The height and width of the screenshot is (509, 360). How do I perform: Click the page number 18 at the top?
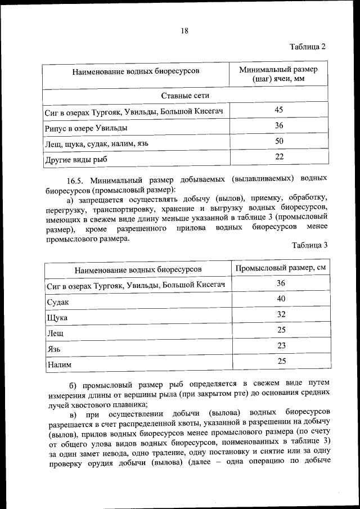point(184,31)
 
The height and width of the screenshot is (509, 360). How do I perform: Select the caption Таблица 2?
point(308,46)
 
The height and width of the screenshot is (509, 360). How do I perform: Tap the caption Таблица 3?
point(309,245)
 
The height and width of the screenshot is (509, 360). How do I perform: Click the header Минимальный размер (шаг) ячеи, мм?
point(278,74)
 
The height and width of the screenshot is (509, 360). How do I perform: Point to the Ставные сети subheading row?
point(185,96)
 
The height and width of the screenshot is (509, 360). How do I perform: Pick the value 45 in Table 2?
point(279,110)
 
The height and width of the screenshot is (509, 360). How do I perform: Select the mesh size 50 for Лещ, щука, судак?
point(279,141)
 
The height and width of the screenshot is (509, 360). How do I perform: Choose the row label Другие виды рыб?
point(76,160)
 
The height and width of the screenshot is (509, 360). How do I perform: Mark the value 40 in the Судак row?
point(281,299)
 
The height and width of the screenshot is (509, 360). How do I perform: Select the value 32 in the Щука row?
point(281,314)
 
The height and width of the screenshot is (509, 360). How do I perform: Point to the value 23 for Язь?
point(281,346)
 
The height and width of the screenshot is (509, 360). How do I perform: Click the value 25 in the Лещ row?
point(281,330)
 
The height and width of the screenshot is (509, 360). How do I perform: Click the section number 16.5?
point(75,181)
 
